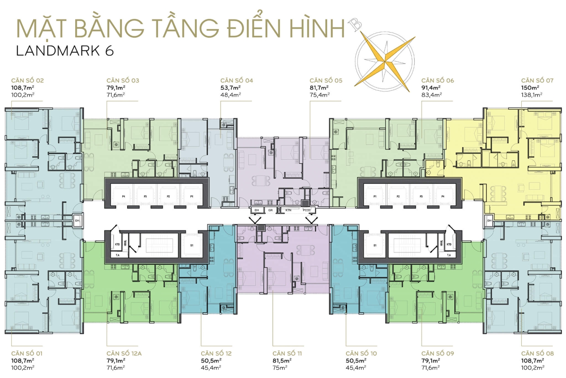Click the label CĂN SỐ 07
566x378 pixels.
click(537, 80)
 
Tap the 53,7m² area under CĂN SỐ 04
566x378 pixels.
click(230, 88)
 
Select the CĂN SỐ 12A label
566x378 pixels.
click(124, 353)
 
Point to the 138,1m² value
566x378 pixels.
click(531, 95)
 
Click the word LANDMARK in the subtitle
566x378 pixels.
click(58, 51)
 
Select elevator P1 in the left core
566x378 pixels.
click(192, 196)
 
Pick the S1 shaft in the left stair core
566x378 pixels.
click(192, 245)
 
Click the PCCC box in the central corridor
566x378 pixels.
click(307, 210)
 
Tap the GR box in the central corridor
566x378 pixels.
click(270, 210)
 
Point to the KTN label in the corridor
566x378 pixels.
click(289, 210)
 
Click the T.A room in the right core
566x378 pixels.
click(449, 255)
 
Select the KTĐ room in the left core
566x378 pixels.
click(117, 244)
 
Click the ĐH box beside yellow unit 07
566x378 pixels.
click(489, 220)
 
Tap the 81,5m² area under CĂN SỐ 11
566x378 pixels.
click(282, 361)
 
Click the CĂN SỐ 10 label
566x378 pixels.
click(361, 353)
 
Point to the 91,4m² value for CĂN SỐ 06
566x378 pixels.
click(431, 88)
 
